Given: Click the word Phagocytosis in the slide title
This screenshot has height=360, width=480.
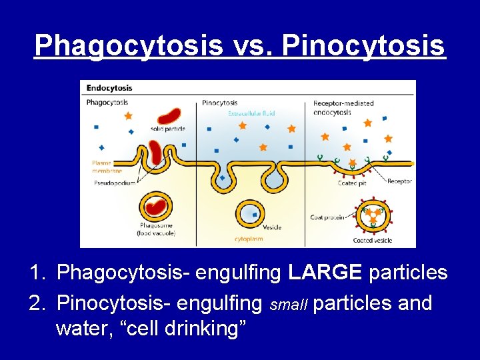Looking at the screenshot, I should pyautogui.click(x=128, y=45).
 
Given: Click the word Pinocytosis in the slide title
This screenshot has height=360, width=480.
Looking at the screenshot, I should pyautogui.click(x=363, y=45).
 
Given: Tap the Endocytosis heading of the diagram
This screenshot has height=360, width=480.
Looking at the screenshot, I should pyautogui.click(x=110, y=87).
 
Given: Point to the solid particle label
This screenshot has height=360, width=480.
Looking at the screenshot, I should pyautogui.click(x=167, y=128).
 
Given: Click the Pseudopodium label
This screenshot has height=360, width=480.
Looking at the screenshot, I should pyautogui.click(x=115, y=182).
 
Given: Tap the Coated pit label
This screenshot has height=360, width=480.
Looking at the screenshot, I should pyautogui.click(x=351, y=183).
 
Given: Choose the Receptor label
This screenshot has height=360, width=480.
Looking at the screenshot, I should pyautogui.click(x=399, y=181).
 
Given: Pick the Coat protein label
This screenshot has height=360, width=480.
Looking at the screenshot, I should pyautogui.click(x=327, y=217).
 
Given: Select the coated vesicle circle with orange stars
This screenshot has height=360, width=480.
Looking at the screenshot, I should pyautogui.click(x=372, y=217).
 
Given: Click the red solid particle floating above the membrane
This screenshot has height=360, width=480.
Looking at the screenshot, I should pyautogui.click(x=169, y=117).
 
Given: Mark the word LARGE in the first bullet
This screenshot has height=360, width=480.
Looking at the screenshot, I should pyautogui.click(x=326, y=273).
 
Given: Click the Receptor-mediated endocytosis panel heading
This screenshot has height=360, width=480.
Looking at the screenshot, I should pyautogui.click(x=343, y=107).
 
